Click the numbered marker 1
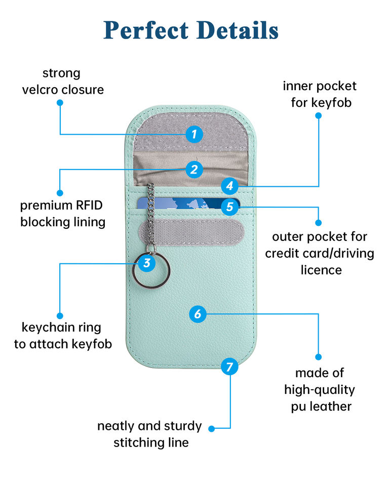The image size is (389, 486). [194, 134]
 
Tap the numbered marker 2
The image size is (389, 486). [194, 169]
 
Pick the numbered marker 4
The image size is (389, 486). [230, 186]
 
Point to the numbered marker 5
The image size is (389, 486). [230, 207]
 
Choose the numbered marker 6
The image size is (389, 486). [198, 314]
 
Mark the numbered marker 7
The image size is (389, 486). [230, 367]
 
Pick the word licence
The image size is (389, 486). [321, 270]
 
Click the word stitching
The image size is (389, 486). [137, 442]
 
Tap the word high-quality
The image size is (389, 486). [319, 390]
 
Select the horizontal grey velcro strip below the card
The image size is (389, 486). [192, 231]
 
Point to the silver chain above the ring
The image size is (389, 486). [150, 213]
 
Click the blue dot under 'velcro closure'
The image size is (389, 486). [60, 103]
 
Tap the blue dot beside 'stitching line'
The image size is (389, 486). [212, 428]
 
